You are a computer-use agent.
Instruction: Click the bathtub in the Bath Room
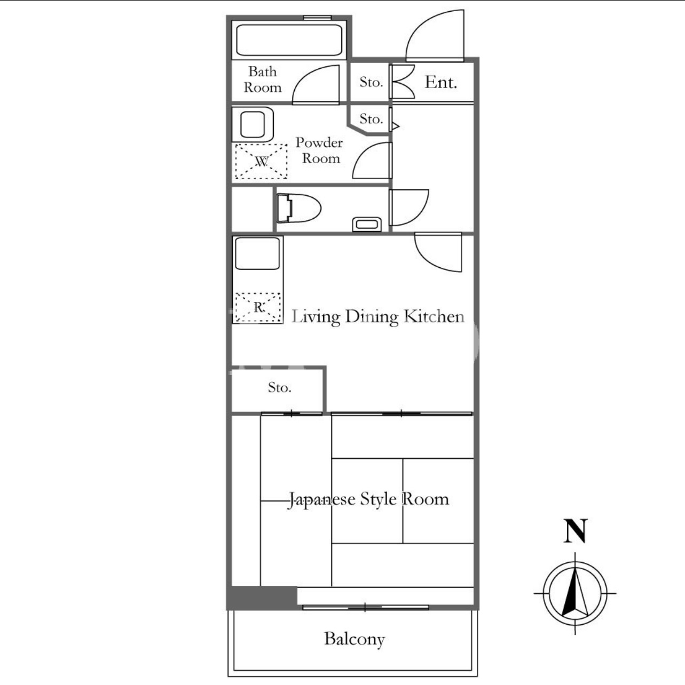pyautogui.click(x=289, y=40)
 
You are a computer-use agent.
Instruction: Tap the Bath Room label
pyautogui.click(x=263, y=79)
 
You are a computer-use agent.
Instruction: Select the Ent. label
pyautogui.click(x=440, y=83)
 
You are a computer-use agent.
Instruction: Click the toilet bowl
pyautogui.click(x=298, y=208)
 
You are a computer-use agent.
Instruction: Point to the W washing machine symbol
pyautogui.click(x=261, y=162)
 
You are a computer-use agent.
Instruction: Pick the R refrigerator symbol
pyautogui.click(x=258, y=307)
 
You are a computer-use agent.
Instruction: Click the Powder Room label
pyautogui.click(x=320, y=150)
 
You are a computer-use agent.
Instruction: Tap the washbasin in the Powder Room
pyautogui.click(x=253, y=125)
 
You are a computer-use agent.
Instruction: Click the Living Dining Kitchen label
pyautogui.click(x=378, y=317)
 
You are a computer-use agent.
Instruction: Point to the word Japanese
pyautogui.click(x=322, y=499)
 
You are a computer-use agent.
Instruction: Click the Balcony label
pyautogui.click(x=355, y=639)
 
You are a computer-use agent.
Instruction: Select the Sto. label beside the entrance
pyautogui.click(x=371, y=82)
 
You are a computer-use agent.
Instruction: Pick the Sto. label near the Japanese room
pyautogui.click(x=280, y=387)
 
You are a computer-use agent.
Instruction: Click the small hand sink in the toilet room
pyautogui.click(x=367, y=225)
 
